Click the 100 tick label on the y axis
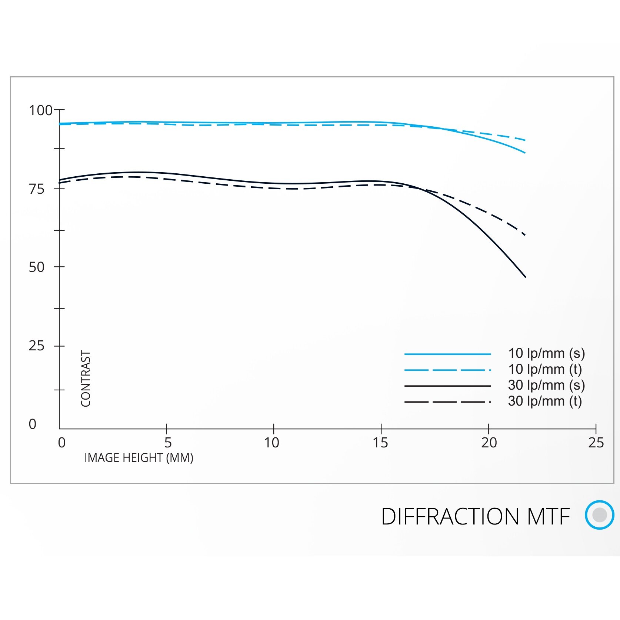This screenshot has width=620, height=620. [40, 110]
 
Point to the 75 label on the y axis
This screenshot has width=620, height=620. [36, 189]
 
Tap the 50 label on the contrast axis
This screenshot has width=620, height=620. [36, 267]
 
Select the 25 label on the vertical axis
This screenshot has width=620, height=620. [36, 346]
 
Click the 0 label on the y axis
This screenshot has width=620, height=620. [33, 424]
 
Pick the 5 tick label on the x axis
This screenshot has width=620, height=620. [168, 443]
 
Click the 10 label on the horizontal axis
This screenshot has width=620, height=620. [271, 443]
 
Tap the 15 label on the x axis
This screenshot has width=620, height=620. [380, 443]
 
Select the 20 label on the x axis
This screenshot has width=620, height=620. [489, 443]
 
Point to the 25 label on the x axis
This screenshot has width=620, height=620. [596, 443]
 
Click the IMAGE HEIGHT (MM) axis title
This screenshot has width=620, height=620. [139, 458]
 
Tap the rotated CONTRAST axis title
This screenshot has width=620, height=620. [86, 379]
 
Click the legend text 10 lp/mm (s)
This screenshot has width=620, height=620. [546, 353]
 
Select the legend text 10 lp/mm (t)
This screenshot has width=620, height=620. [545, 369]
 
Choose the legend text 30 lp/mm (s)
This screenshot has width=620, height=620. [546, 385]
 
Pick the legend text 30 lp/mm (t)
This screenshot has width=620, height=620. [545, 401]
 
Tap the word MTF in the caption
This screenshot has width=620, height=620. [549, 517]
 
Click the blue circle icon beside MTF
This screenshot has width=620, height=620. [599, 514]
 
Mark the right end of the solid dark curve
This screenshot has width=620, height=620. [525, 277]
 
